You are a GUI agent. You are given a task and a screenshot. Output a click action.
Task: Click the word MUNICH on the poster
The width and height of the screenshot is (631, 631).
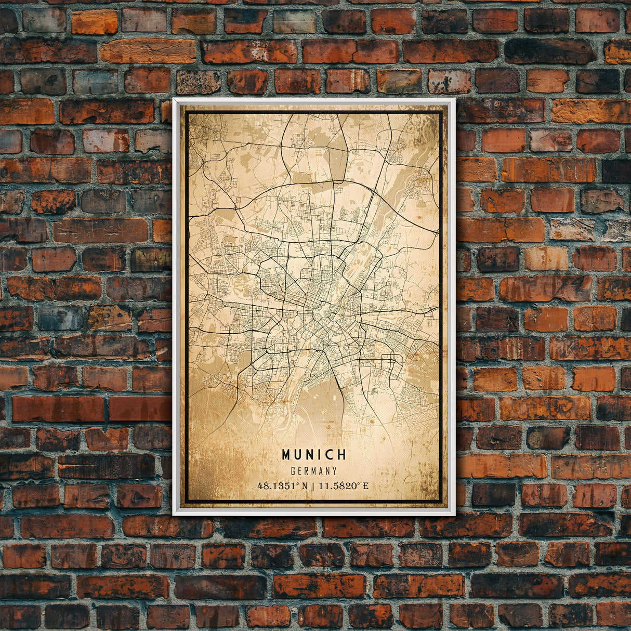pos(314,455)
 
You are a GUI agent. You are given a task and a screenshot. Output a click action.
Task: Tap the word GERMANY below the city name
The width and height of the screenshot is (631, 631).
pos(314,471)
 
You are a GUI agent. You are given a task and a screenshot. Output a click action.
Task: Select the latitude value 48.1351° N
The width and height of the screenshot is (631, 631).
pos(282,486)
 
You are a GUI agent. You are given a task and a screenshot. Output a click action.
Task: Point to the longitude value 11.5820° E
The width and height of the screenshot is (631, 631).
pos(344,486)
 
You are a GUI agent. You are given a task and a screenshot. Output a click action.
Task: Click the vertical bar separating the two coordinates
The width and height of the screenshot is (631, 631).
pos(313,486)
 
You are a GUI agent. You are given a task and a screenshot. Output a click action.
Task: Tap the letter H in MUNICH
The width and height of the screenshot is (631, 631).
pos(342,455)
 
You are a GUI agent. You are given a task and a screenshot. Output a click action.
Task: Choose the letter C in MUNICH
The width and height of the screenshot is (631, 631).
pos(331,455)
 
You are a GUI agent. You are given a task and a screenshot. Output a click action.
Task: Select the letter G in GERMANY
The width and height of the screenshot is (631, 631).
pos(294,471)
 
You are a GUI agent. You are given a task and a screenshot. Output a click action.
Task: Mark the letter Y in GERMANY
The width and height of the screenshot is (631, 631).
pos(335,471)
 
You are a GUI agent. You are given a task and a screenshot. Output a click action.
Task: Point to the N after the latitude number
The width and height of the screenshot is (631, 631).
pos(304,486)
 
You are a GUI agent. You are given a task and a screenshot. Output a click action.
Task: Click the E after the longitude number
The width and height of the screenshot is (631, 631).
pos(365,486)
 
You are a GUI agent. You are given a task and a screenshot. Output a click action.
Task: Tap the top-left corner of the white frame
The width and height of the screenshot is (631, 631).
pos(174,99)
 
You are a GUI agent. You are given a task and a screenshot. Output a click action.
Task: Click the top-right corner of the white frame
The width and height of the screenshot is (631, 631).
pos(454,99)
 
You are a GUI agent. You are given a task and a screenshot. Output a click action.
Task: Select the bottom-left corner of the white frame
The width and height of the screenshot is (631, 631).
pos(174,515)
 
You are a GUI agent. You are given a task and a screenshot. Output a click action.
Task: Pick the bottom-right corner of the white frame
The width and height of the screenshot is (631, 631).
pos(454,515)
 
